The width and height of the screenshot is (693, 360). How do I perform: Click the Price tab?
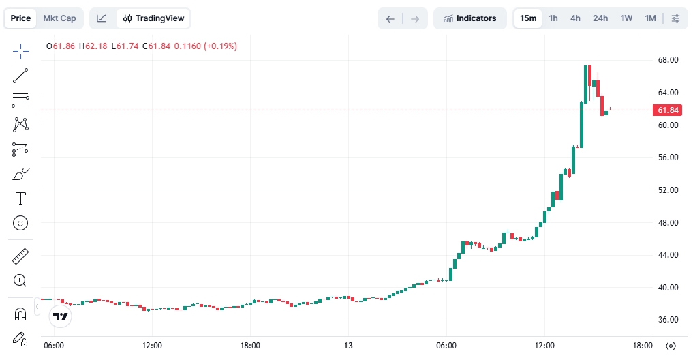(x=20, y=18)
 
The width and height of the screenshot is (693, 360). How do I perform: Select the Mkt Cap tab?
(x=59, y=18)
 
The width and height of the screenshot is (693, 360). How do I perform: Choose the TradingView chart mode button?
(x=153, y=18)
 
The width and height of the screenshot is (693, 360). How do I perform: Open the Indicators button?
(x=469, y=18)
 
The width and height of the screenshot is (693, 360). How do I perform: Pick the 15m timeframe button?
(x=528, y=18)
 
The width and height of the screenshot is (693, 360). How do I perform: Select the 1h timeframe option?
(x=553, y=18)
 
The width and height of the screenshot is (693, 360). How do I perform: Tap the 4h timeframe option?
(x=576, y=18)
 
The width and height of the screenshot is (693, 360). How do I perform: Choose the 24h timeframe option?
(x=600, y=18)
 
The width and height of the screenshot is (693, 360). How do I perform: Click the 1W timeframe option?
(x=626, y=18)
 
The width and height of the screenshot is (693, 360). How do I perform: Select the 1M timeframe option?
(x=650, y=18)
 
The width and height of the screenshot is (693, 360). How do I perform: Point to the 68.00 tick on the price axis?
(x=667, y=60)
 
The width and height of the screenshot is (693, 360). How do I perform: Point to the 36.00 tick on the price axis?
(x=667, y=320)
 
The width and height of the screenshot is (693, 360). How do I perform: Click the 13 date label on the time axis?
(x=348, y=346)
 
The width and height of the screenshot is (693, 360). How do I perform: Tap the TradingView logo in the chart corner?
(x=61, y=316)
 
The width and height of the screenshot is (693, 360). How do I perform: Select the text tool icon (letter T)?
(x=20, y=198)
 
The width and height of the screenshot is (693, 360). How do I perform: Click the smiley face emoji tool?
(x=20, y=222)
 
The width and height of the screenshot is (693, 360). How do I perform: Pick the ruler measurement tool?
(x=20, y=256)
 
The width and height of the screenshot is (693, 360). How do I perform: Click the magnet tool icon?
(x=20, y=314)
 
